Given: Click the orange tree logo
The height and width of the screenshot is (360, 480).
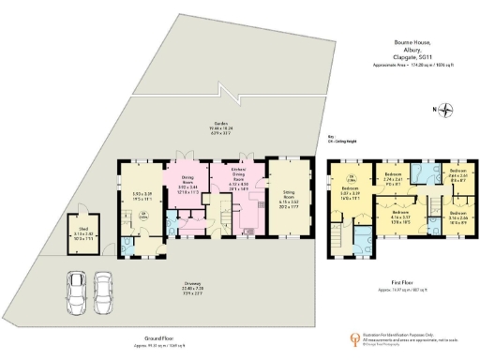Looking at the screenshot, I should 353,339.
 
